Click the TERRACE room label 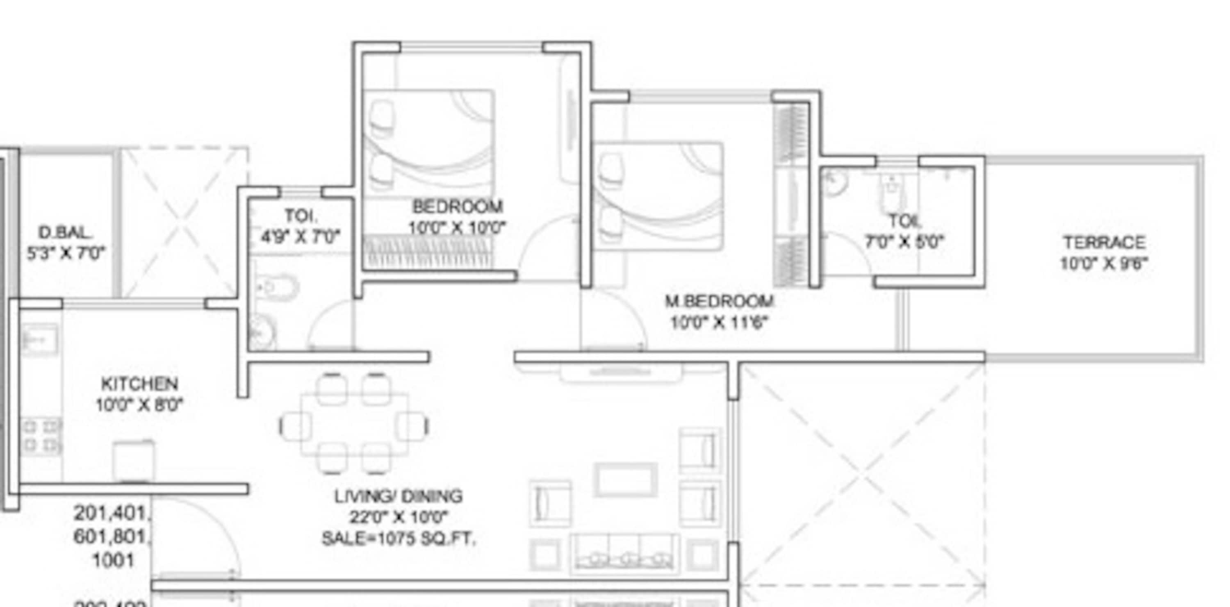pos(1104,242)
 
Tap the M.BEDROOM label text pos(720,301)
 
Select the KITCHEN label pos(139,384)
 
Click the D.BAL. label pos(65,232)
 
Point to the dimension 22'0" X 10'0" pos(398,517)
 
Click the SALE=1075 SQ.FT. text pos(398,539)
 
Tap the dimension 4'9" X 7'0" pos(301,236)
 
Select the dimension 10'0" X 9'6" pos(1104,264)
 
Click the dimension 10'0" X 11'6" pos(720,323)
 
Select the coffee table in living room pos(625,480)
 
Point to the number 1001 pos(113,560)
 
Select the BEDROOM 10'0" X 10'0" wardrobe pos(428,252)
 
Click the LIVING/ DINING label pos(398,496)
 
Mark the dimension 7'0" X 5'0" pos(904,242)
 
